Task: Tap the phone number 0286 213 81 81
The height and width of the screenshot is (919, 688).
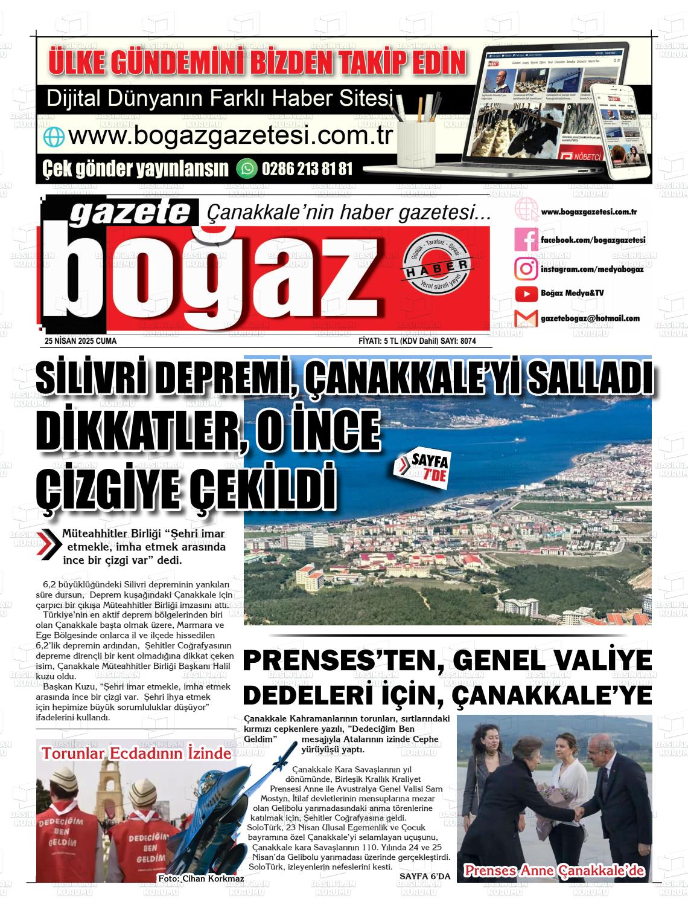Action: tap(307, 169)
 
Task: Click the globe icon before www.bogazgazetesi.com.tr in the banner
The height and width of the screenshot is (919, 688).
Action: tap(53, 137)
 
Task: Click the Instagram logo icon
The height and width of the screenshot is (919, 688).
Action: tap(526, 268)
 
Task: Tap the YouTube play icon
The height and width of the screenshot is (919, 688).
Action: tap(526, 294)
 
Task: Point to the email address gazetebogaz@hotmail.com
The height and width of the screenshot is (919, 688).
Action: tap(590, 318)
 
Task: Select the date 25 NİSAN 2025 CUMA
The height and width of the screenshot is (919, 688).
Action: tap(80, 341)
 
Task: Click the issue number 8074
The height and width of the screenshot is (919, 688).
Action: tap(468, 341)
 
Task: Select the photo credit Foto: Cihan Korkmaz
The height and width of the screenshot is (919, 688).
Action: tap(200, 878)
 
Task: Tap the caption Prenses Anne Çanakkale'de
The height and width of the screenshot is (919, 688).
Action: tap(554, 871)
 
